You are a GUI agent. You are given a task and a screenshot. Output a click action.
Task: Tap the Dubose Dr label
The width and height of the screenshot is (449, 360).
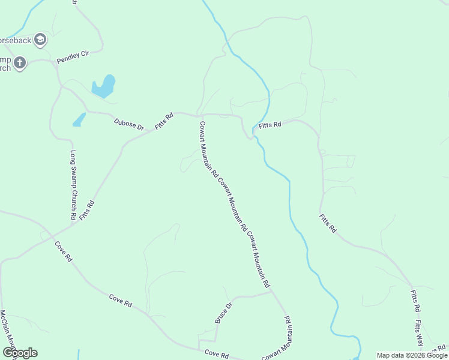point(130,125)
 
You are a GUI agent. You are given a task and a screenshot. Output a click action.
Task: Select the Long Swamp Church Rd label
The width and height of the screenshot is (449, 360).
point(73,184)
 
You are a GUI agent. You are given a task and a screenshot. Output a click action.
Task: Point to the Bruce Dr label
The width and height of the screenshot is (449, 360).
point(223,313)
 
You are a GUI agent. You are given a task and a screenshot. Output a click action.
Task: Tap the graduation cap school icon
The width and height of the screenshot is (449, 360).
point(40,40)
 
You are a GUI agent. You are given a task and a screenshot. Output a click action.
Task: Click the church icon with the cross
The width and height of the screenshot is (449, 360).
point(20,62)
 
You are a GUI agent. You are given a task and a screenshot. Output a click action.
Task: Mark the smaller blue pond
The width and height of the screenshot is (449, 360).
point(79,120)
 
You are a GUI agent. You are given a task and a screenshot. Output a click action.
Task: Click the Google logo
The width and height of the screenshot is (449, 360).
point(20,353)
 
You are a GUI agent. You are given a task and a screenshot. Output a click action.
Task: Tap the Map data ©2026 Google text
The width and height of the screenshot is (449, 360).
point(412,355)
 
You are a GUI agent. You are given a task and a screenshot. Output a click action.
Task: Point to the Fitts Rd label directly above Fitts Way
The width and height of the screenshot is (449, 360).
point(414,300)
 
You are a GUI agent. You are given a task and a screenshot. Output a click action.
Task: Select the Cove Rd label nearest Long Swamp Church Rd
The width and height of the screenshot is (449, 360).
point(63,251)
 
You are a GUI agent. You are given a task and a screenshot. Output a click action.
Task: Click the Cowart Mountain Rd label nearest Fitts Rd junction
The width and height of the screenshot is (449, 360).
point(208,149)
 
